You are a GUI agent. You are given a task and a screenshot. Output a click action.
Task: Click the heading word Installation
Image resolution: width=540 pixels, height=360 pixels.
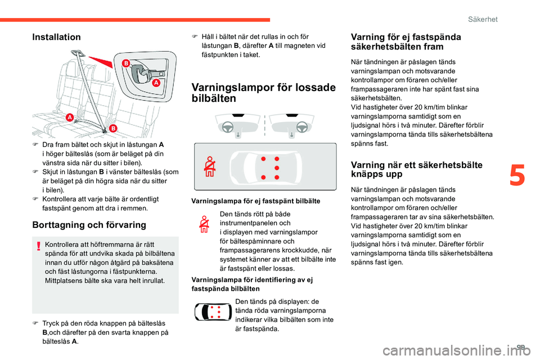pos(57,37)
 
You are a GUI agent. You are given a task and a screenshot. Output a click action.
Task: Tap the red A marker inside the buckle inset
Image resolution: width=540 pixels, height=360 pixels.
pos(156,83)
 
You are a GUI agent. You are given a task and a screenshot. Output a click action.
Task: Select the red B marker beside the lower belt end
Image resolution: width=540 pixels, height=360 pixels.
pos(113,128)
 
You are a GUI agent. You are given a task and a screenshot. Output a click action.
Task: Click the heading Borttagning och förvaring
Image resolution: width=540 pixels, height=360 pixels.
pos(89,225)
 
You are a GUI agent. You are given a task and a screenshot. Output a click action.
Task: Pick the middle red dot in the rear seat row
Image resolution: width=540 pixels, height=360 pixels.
pos(277,168)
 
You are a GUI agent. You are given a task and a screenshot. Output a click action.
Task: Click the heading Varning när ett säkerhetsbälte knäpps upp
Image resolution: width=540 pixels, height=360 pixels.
pos(416,169)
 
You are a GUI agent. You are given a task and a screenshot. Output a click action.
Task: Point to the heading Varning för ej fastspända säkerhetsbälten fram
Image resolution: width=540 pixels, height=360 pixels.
pos(405,42)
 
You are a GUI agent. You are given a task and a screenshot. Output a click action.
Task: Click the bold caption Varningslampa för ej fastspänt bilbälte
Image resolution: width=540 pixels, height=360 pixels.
pos(256,201)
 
